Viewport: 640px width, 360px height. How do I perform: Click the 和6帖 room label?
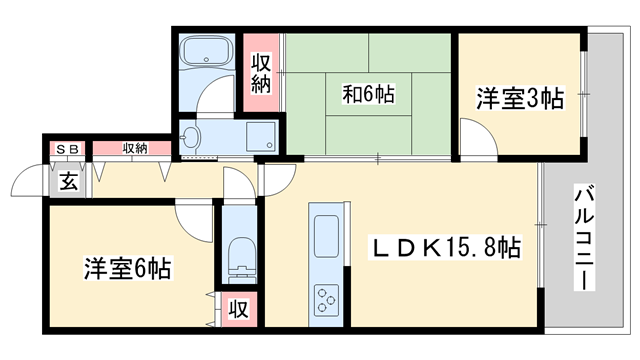(x=368, y=96)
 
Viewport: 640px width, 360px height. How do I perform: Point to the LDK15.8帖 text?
(x=447, y=246)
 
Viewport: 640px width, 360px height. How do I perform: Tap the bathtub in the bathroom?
(x=204, y=52)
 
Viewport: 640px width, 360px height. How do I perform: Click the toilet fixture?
(x=240, y=258)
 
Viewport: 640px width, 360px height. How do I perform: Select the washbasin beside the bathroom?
(x=193, y=137)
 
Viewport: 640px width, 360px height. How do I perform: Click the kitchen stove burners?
(x=328, y=299)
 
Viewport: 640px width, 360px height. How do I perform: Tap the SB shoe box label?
(x=69, y=149)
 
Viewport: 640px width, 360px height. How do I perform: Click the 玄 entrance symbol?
(x=68, y=182)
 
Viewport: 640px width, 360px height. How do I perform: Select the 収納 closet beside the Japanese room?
(x=261, y=72)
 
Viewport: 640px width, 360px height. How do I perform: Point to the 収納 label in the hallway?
(x=135, y=149)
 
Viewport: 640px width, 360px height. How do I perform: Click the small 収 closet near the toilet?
(x=240, y=308)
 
